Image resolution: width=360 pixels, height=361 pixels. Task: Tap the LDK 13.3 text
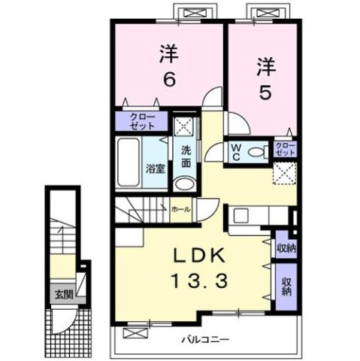197,269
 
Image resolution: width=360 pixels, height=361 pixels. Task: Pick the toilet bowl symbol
256,153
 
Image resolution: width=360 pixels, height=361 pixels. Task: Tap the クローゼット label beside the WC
285,147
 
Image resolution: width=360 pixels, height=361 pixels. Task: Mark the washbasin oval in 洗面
184,184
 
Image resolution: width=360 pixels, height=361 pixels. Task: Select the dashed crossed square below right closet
284,172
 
